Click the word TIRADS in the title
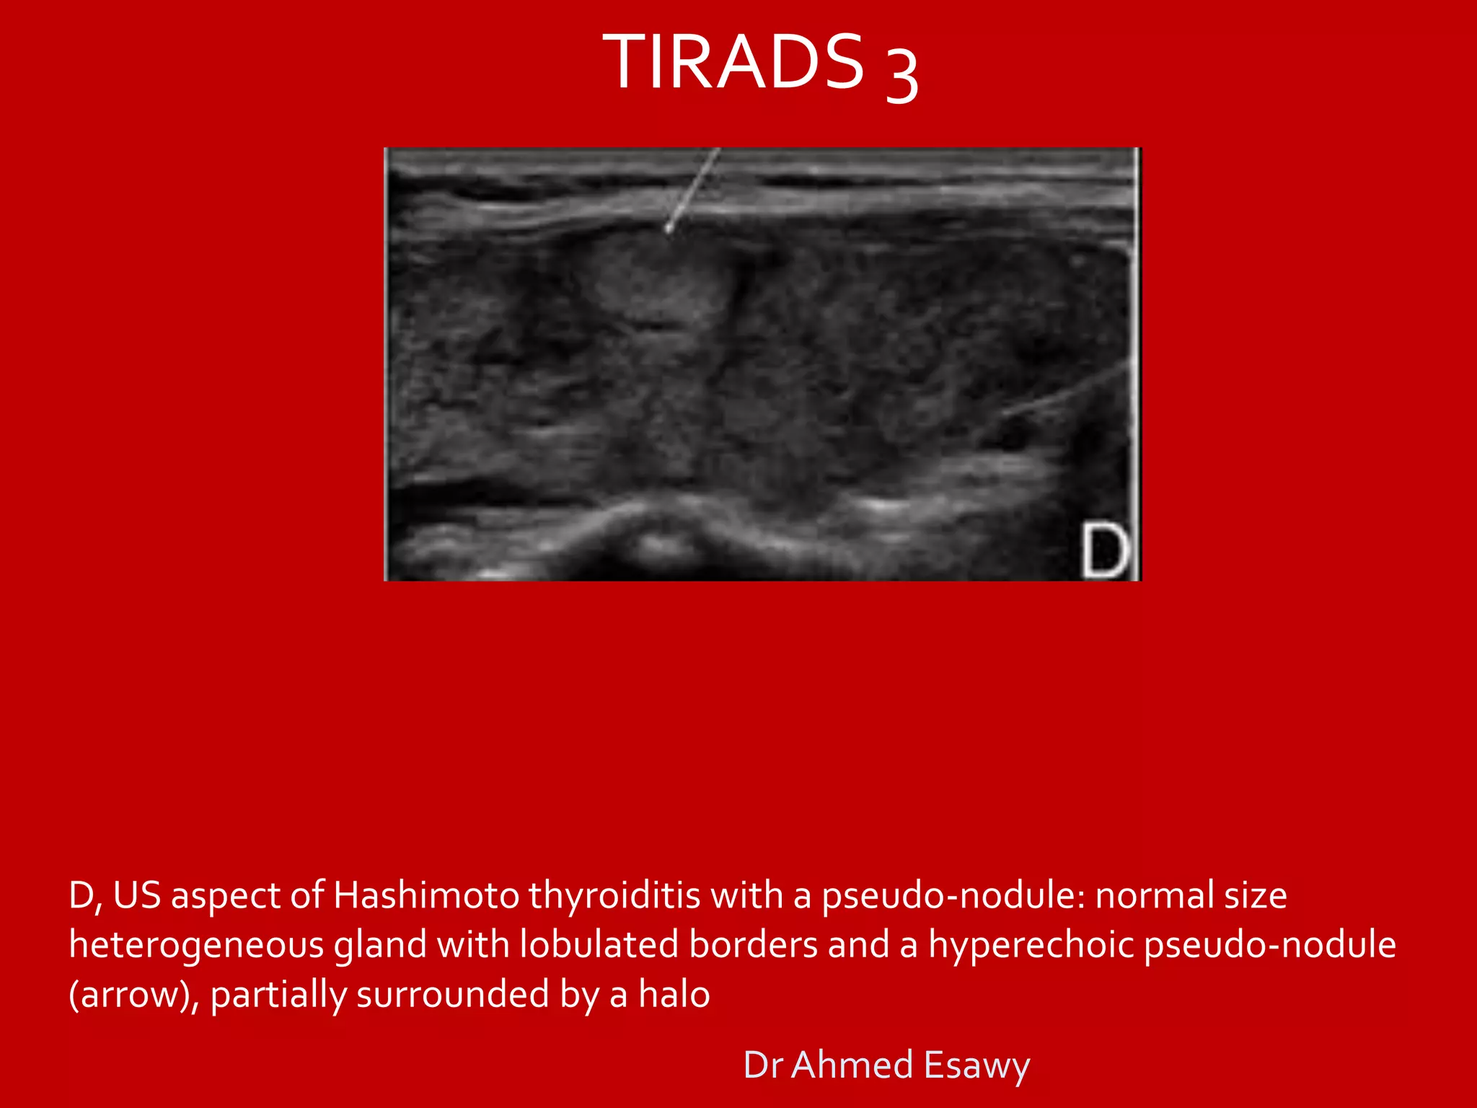[733, 63]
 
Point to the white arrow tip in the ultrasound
[669, 229]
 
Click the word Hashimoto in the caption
[426, 896]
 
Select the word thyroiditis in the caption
[614, 896]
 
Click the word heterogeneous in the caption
[196, 946]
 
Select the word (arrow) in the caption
[133, 995]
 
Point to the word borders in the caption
[753, 946]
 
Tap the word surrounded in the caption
[452, 995]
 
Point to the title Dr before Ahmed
[764, 1065]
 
